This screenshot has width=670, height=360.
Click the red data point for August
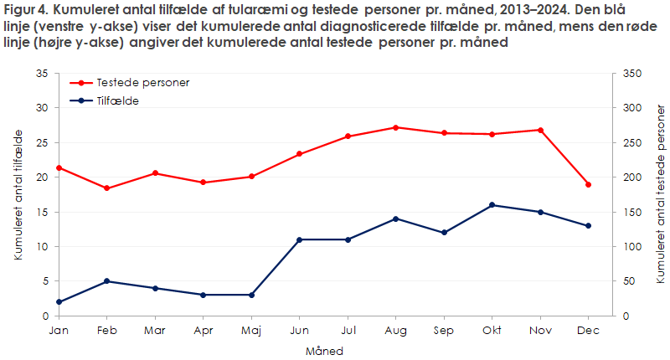(x=396, y=127)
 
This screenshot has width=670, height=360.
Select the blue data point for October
(x=492, y=205)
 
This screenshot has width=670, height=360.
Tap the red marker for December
(x=589, y=184)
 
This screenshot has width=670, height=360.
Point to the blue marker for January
(x=59, y=302)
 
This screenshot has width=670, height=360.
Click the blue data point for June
(x=300, y=239)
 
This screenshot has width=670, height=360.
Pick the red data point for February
(x=106, y=188)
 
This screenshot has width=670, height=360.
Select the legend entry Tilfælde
(x=117, y=100)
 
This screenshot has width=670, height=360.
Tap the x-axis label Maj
(x=251, y=332)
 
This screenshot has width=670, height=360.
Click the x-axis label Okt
(x=492, y=332)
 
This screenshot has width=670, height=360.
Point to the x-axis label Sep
(x=444, y=332)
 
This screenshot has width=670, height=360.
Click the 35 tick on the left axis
(x=42, y=74)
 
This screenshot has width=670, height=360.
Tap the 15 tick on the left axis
(x=42, y=212)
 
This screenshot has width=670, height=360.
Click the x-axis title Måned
(x=323, y=350)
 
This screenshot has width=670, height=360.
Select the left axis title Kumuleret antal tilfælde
(x=18, y=194)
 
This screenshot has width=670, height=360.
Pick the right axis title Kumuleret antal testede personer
(x=659, y=194)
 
